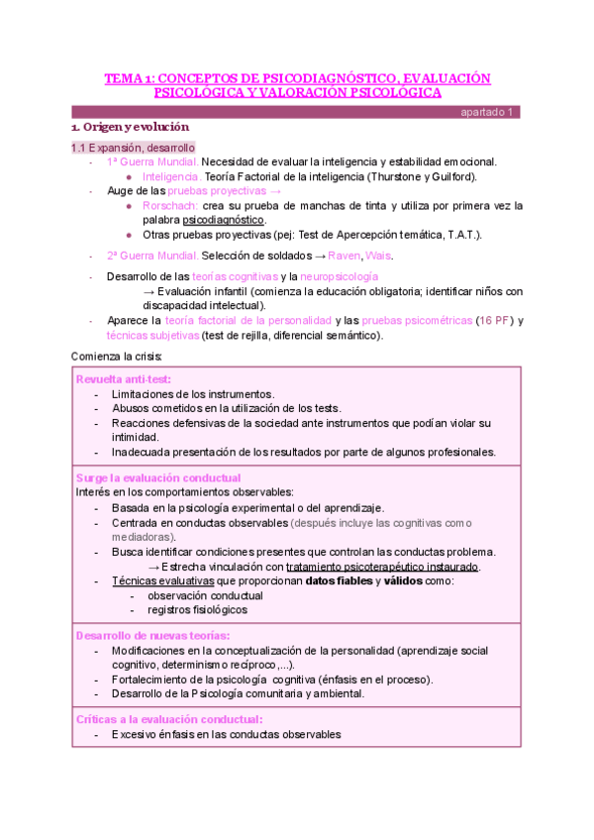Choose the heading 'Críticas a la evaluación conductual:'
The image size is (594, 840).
[x=169, y=719]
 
